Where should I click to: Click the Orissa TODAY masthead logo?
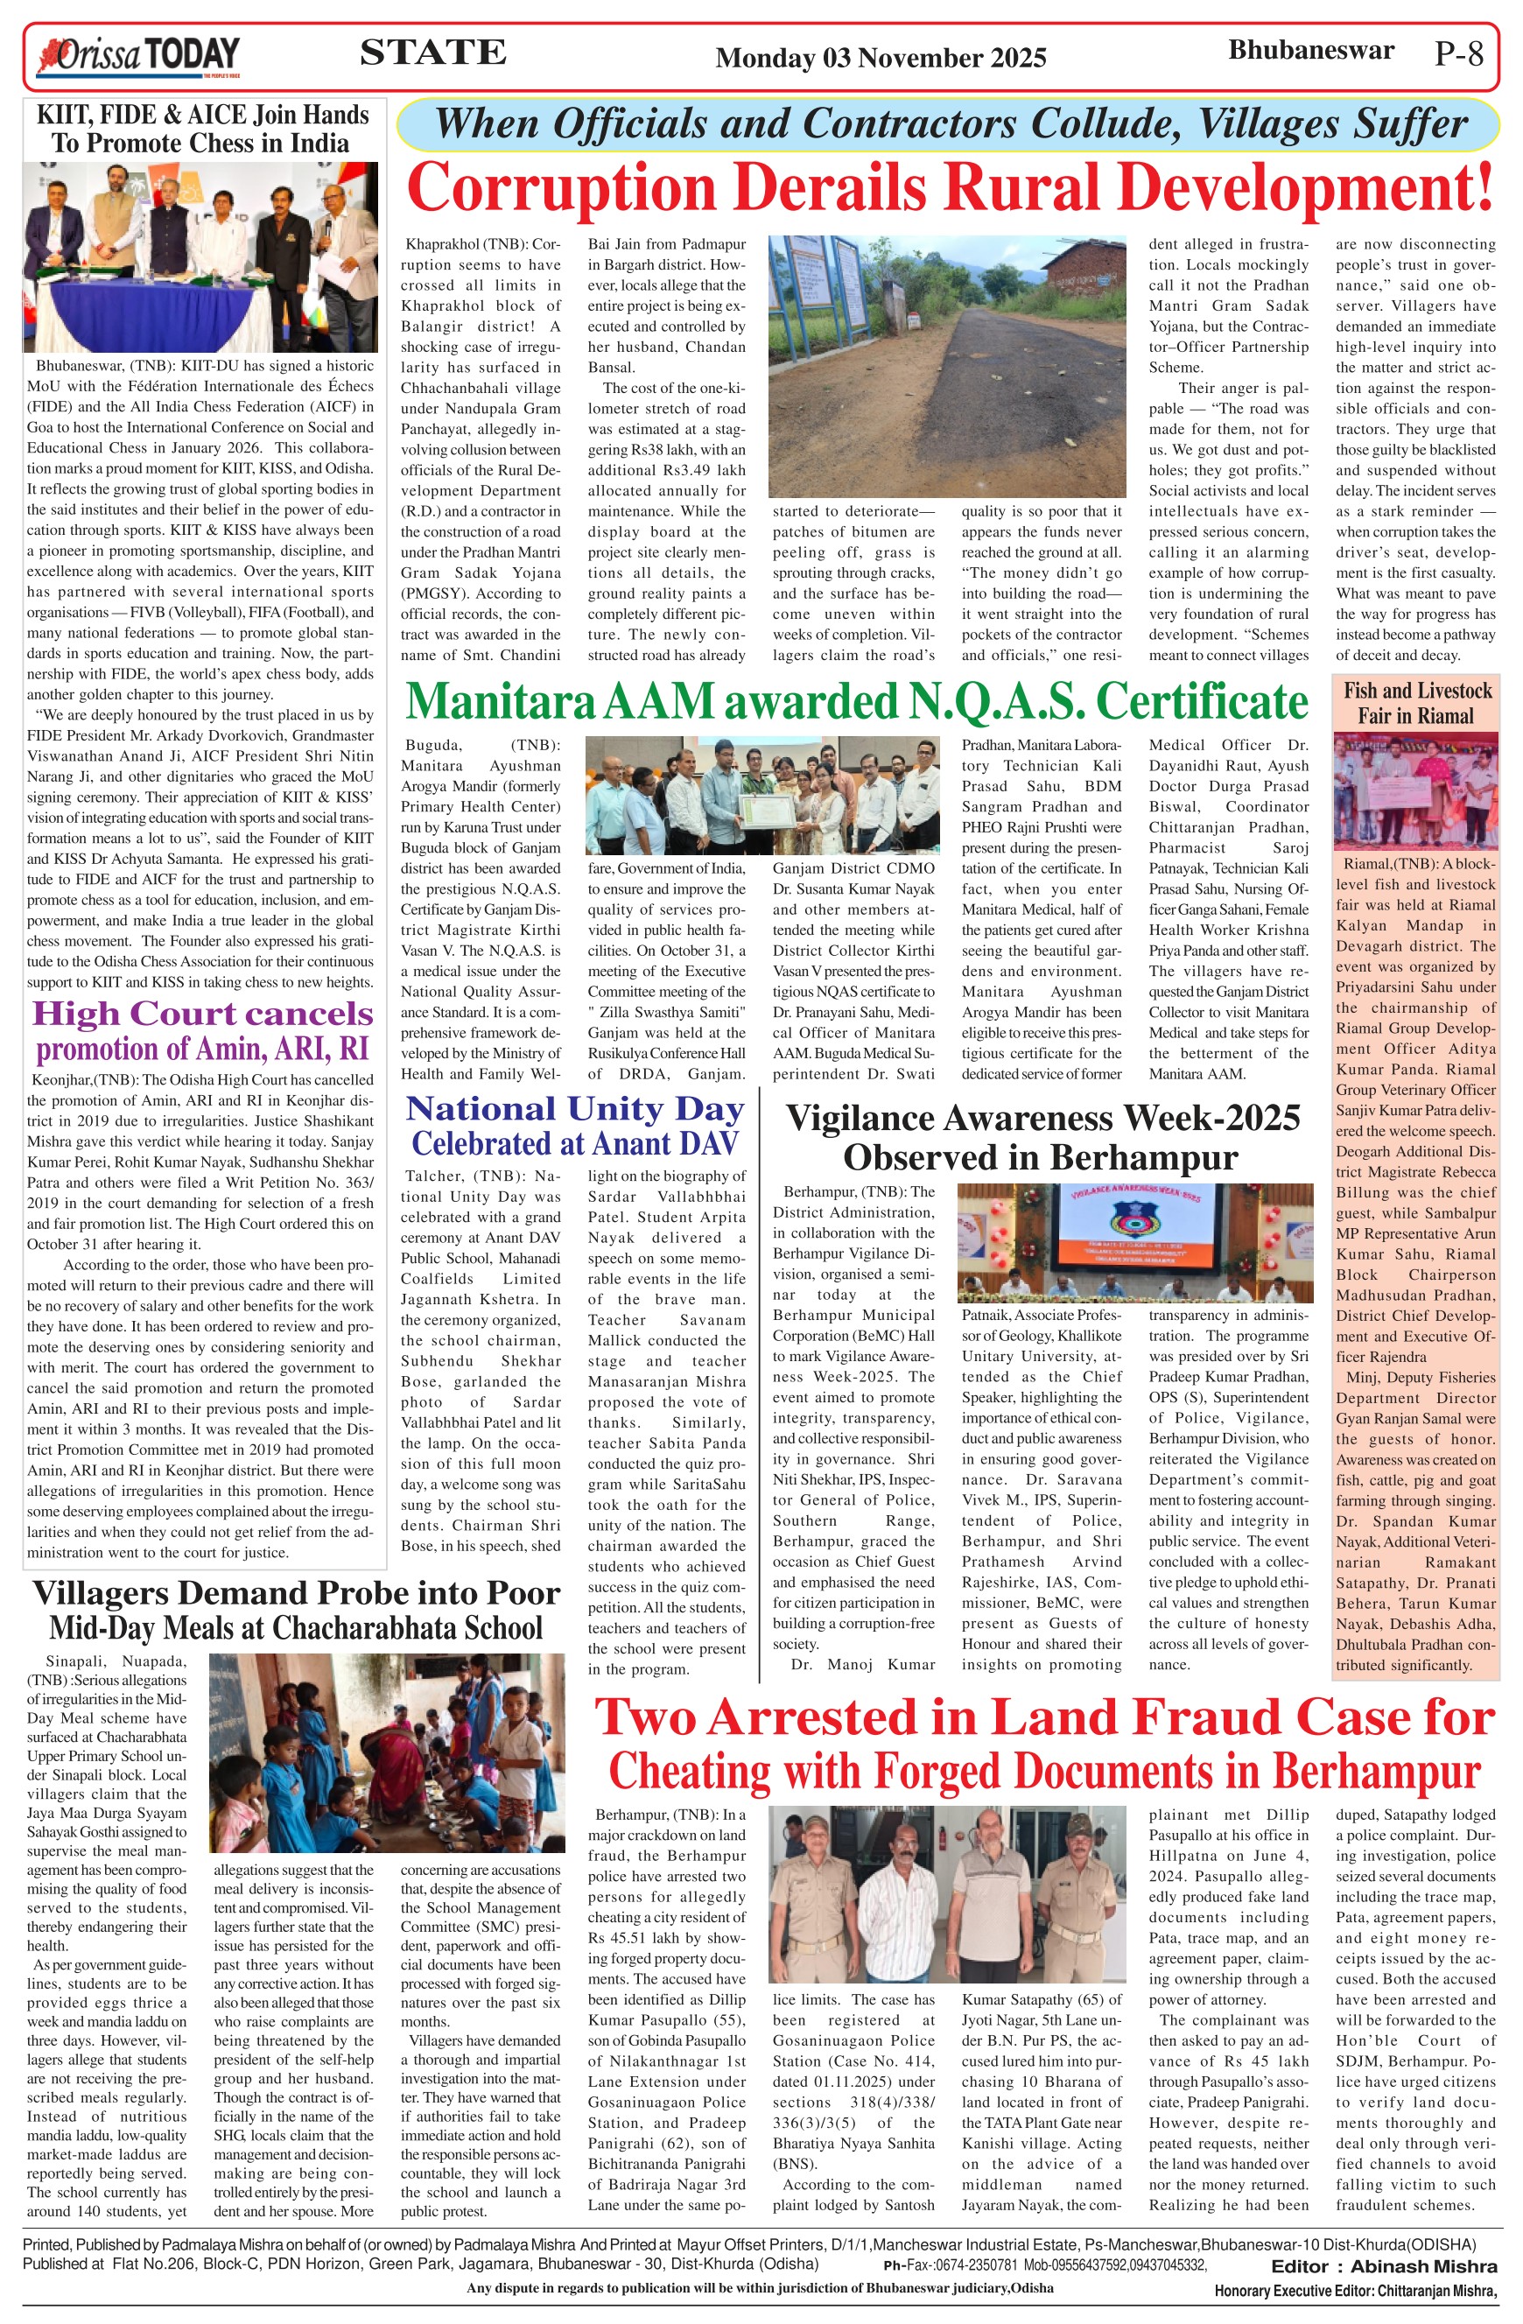(x=137, y=56)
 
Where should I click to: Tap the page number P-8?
(x=1458, y=54)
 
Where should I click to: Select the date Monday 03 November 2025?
(x=881, y=59)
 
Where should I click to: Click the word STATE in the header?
(x=432, y=53)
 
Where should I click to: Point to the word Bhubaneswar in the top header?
(x=1310, y=51)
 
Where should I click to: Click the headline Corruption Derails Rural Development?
(x=949, y=186)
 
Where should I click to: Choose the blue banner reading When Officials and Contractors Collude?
(x=949, y=124)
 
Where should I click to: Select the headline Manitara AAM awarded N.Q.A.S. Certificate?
(x=856, y=701)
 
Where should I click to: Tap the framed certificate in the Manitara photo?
(x=764, y=809)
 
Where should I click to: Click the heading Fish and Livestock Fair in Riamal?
(x=1416, y=703)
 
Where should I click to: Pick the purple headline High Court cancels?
(x=202, y=1014)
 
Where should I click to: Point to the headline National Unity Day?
(x=574, y=1109)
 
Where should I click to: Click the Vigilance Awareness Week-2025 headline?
(x=1042, y=1119)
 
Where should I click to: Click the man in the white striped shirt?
(x=911, y=1893)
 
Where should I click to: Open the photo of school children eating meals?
(x=387, y=1752)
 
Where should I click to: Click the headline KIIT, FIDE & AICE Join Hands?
(x=202, y=116)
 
